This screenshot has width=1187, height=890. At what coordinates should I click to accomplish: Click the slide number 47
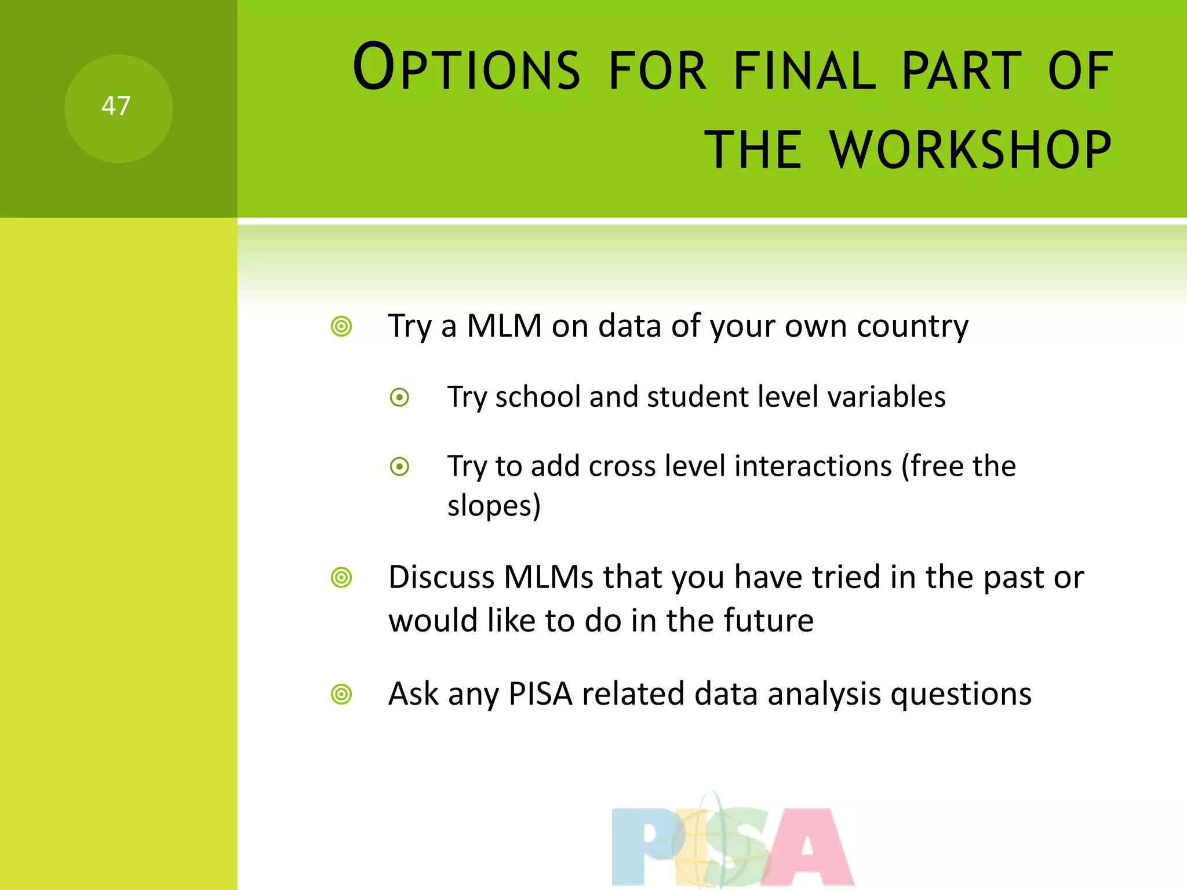coord(116,107)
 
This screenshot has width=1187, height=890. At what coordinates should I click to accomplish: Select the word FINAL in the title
coord(804,71)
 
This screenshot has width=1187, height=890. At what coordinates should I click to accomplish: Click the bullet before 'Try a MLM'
coord(341,327)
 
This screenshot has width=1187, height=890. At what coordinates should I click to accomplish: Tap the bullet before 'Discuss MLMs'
coord(341,578)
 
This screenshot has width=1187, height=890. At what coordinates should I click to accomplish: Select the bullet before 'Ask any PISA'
coord(341,694)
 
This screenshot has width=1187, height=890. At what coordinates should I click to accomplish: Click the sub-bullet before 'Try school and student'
coord(400,398)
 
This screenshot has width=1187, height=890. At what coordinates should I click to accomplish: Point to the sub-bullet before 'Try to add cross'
coord(400,466)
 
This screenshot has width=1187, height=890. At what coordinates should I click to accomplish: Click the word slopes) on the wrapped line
coord(494,506)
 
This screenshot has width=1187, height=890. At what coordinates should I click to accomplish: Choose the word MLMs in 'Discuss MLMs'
coord(548,578)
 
